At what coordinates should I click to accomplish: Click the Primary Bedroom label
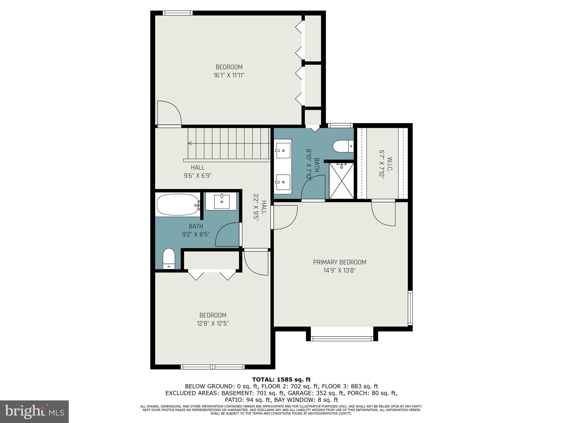(340, 262)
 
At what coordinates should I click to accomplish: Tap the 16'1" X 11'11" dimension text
(229, 75)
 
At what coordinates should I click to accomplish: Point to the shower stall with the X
(341, 181)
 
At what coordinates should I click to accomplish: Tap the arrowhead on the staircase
(190, 143)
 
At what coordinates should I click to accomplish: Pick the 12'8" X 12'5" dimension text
(213, 323)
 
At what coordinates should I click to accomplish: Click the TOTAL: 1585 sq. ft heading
(281, 379)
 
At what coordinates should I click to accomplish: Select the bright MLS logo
(34, 411)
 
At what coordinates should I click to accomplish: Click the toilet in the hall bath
(169, 258)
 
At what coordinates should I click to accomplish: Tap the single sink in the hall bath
(222, 202)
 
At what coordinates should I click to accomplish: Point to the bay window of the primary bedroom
(342, 338)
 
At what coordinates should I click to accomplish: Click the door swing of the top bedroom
(169, 113)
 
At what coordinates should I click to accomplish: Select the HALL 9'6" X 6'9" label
(198, 171)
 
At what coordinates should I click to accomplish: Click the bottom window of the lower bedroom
(212, 367)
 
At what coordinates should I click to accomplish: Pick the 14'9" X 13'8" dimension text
(340, 270)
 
